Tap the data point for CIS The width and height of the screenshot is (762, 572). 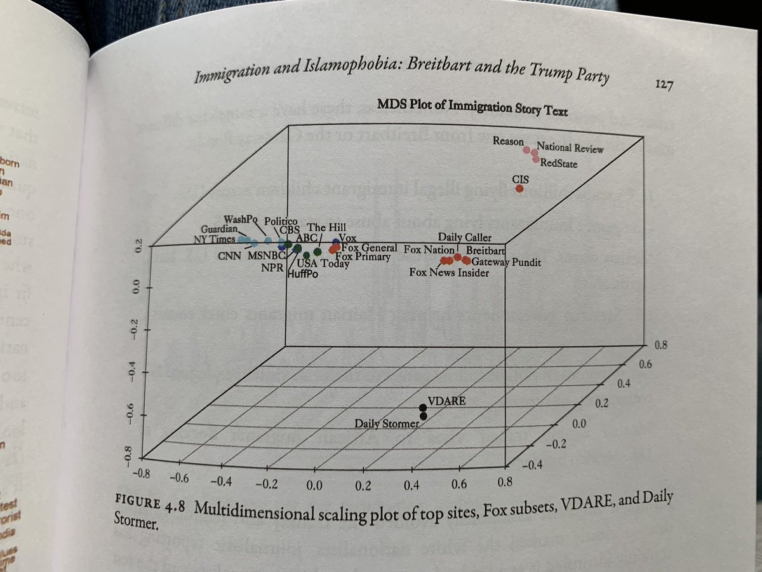click(520, 188)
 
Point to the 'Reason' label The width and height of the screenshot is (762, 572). click(508, 140)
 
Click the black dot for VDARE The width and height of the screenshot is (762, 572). click(423, 407)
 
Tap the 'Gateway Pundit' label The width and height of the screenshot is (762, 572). click(506, 261)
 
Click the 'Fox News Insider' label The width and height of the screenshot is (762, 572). click(449, 273)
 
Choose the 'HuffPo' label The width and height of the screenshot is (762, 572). click(303, 275)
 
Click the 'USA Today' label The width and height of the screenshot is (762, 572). click(323, 264)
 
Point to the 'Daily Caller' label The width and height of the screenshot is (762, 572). click(463, 237)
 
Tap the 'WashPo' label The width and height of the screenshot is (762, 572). click(239, 219)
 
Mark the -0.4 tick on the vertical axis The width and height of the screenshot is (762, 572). click(135, 371)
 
